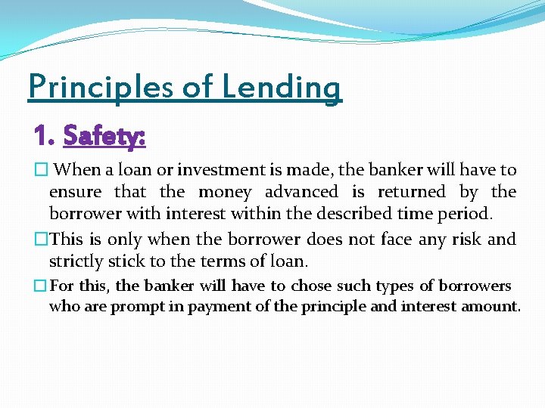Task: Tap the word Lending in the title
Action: pyautogui.click(x=282, y=88)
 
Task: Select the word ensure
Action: pyautogui.click(x=76, y=192)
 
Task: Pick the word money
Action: pyautogui.click(x=225, y=192)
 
